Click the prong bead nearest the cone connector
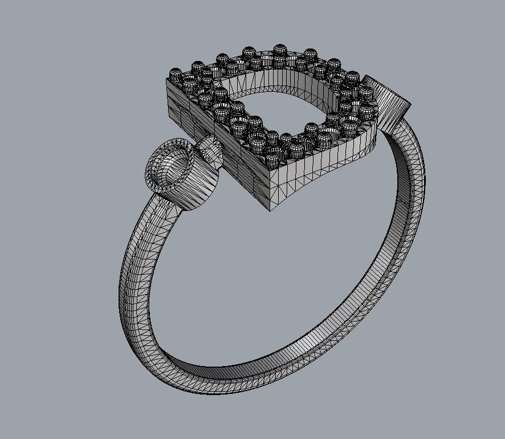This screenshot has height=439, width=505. (365, 94)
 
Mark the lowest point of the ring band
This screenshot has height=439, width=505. (228, 388)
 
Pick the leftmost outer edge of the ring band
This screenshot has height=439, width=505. (120, 285)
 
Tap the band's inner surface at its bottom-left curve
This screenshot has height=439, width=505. (165, 348)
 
